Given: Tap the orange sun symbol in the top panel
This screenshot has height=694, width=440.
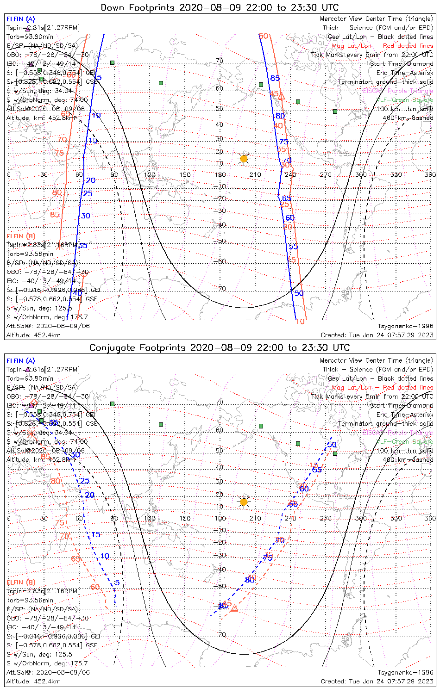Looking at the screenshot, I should (x=244, y=159).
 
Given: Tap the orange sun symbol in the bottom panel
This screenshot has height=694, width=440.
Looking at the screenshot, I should (x=244, y=502).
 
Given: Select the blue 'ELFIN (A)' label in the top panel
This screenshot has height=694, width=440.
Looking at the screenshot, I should (x=20, y=19).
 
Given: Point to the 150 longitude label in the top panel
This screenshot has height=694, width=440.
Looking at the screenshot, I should (x=185, y=174).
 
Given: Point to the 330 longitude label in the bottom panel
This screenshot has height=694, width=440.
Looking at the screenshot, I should (x=396, y=518).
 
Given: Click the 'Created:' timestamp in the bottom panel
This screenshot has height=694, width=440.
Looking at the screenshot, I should (x=377, y=682).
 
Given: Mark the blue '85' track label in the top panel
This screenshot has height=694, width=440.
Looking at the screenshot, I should (x=275, y=78).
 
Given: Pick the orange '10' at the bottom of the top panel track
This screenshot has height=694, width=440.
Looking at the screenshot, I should (x=300, y=322).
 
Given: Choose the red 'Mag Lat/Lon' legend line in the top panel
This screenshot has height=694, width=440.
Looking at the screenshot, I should (x=382, y=46).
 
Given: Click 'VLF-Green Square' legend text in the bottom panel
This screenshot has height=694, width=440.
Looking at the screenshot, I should (x=404, y=442).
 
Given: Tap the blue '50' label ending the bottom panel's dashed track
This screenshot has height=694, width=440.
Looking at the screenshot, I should (x=332, y=445).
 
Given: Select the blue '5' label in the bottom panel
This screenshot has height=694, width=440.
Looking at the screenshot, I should (x=117, y=582).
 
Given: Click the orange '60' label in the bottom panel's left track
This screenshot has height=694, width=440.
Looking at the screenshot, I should (x=95, y=587).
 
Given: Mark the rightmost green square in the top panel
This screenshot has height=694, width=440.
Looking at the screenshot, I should (x=335, y=112).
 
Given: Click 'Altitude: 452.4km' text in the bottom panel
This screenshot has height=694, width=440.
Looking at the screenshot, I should (x=33, y=682).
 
